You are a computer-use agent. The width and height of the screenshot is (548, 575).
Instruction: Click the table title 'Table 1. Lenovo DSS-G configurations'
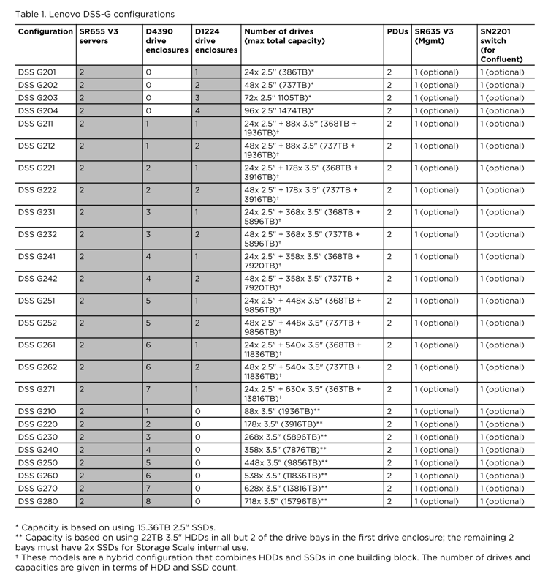click(x=95, y=14)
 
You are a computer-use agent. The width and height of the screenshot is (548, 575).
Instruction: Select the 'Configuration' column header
click(x=45, y=32)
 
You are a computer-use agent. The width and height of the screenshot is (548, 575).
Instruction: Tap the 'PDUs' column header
click(x=397, y=32)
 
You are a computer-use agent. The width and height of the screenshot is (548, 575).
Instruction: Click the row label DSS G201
click(x=37, y=72)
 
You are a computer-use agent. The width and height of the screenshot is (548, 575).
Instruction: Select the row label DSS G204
click(x=37, y=110)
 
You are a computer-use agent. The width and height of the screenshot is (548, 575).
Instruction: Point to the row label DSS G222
click(x=37, y=190)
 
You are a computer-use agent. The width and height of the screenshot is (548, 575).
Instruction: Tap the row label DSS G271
click(x=37, y=389)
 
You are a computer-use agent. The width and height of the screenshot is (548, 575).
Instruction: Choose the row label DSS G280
click(x=37, y=501)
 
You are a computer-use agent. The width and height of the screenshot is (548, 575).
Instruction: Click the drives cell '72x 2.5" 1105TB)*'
click(x=278, y=98)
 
